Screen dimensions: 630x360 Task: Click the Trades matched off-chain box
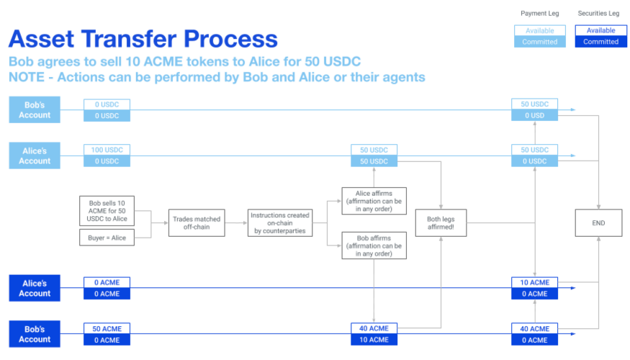pyautogui.click(x=197, y=222)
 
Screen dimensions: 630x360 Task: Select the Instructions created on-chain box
pyautogui.click(x=280, y=222)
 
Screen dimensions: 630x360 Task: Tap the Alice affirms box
pyautogui.click(x=374, y=201)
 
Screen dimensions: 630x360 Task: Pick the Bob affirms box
pyautogui.click(x=374, y=246)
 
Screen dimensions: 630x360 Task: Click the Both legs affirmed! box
pyautogui.click(x=441, y=222)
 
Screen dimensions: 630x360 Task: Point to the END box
pyautogui.click(x=598, y=222)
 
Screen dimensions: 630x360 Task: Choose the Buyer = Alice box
pyautogui.click(x=107, y=238)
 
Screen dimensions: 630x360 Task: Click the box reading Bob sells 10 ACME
pyautogui.click(x=107, y=211)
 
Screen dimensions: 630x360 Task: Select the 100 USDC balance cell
pyautogui.click(x=107, y=150)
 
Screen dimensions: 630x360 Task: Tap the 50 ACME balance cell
pyautogui.click(x=107, y=328)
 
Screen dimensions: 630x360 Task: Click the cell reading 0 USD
pyautogui.click(x=535, y=115)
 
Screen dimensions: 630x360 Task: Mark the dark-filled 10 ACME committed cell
pyautogui.click(x=374, y=340)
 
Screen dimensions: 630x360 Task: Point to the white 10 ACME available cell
pyautogui.click(x=535, y=282)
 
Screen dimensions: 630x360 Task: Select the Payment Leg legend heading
pyautogui.click(x=539, y=13)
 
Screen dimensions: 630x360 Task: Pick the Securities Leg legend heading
pyautogui.click(x=598, y=13)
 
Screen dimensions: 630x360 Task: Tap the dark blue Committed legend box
pyautogui.click(x=601, y=42)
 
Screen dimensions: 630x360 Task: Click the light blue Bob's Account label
pyautogui.click(x=35, y=109)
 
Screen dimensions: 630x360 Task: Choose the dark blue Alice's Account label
pyautogui.click(x=35, y=288)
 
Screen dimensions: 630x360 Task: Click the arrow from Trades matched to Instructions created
pyautogui.click(x=236, y=222)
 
